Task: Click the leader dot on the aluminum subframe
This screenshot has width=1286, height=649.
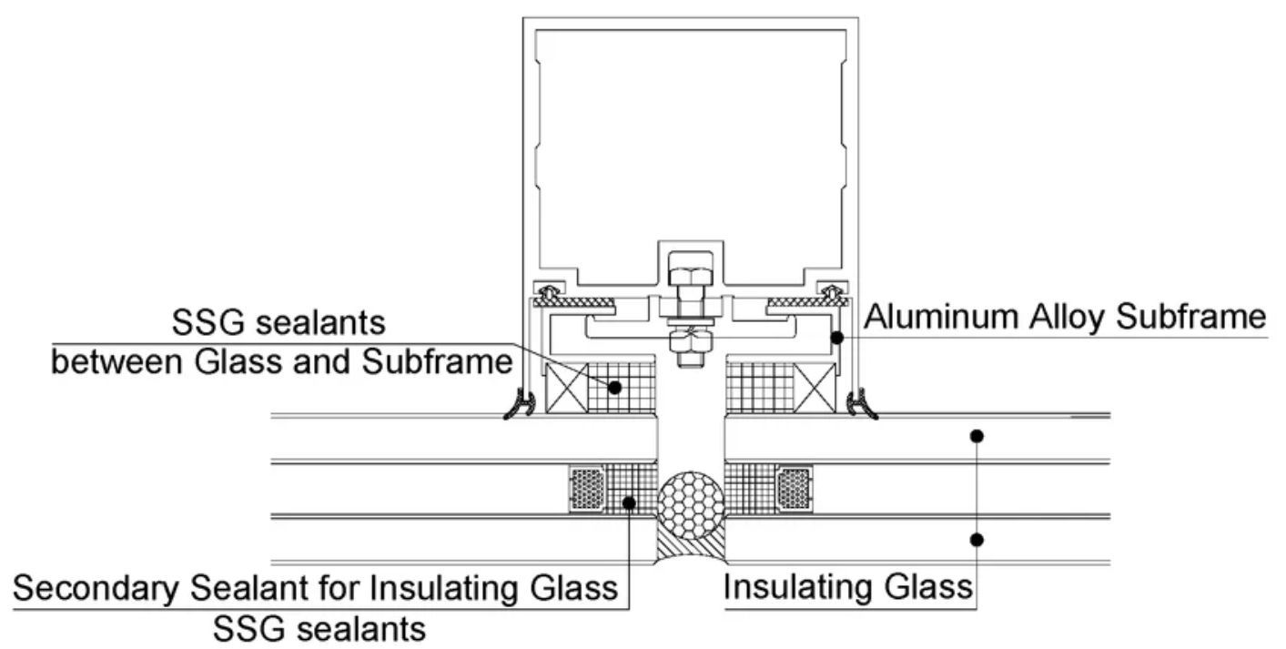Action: [835, 338]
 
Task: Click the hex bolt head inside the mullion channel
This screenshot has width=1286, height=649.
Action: [690, 273]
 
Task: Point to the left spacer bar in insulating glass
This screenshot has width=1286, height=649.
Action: [587, 490]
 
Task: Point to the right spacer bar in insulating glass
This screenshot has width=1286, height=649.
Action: [794, 490]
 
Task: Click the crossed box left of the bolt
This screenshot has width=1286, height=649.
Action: [566, 387]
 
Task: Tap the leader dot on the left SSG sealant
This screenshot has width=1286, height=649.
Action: [615, 387]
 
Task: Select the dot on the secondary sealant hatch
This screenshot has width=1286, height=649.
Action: [628, 501]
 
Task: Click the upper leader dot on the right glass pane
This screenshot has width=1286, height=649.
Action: [977, 436]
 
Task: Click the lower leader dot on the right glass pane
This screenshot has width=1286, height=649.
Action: [977, 540]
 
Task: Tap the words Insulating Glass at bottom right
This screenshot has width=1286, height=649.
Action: [848, 587]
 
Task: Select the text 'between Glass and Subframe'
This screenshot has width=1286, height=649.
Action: [281, 362]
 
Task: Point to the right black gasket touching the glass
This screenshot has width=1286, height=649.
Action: [860, 404]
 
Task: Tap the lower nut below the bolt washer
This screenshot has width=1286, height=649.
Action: [690, 344]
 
